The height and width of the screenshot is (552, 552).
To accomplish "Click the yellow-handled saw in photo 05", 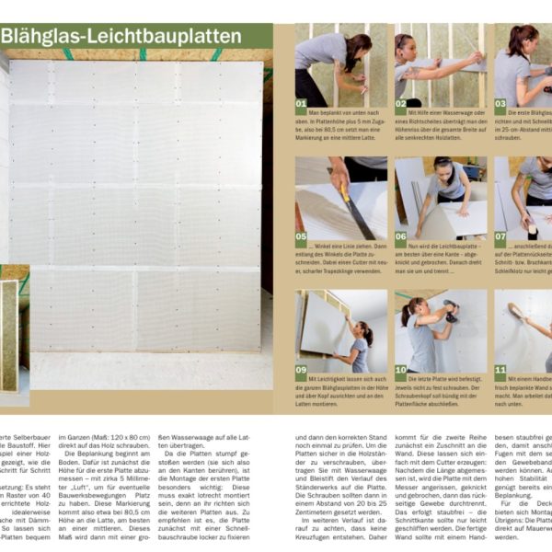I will point(353,207).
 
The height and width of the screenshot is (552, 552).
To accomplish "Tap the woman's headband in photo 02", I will point(404,40).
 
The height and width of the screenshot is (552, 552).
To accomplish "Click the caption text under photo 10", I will point(441,393).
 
